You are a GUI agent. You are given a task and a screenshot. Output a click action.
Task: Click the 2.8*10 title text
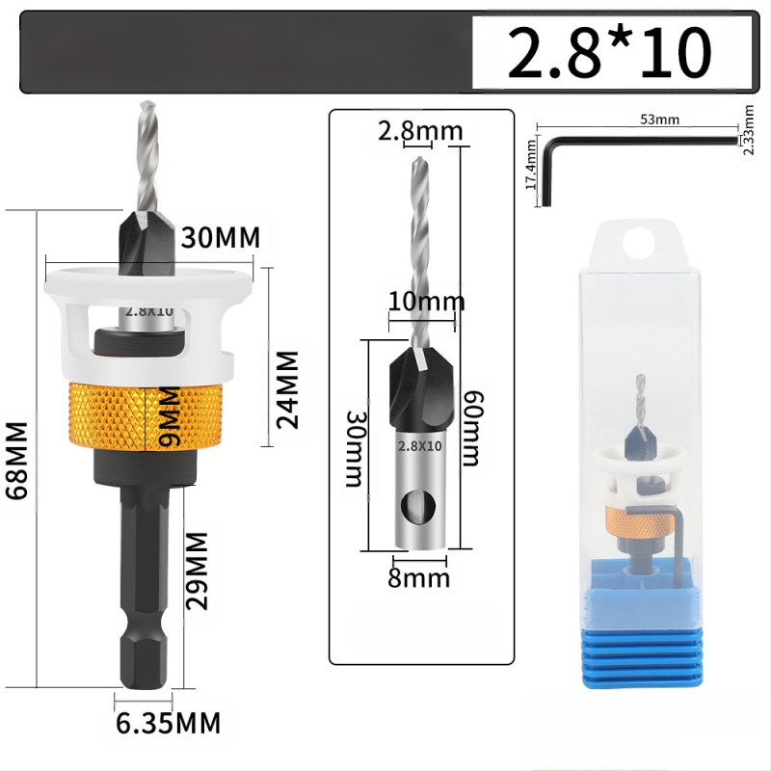pos(609,53)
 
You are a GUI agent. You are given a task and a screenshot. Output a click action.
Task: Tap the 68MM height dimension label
pos(16,461)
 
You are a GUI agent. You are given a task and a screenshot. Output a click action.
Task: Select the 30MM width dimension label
pos(221,238)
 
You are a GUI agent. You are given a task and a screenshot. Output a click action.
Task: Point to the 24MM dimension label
pos(287,390)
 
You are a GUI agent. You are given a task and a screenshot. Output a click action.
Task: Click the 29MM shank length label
pos(198,571)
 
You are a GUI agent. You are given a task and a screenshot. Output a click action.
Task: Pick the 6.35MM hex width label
pos(168,723)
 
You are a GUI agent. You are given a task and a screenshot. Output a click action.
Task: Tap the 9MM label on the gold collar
pos(171,416)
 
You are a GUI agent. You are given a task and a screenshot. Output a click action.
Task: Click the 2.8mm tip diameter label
pos(420,131)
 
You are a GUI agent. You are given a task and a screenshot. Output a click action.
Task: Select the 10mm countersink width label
pos(426,301)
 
